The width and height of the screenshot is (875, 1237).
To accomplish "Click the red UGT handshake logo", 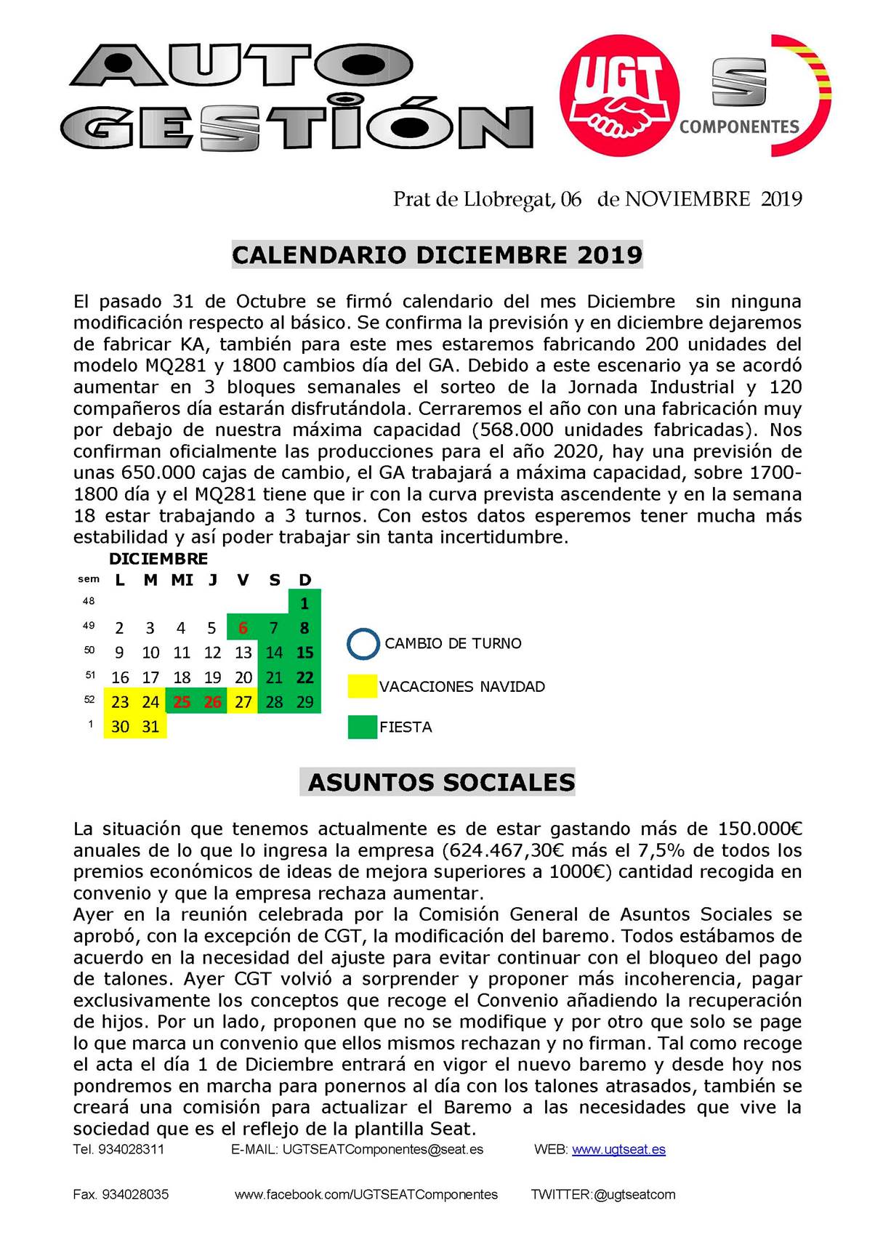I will (x=619, y=95).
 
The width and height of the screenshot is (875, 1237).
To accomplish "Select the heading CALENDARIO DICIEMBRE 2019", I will (x=437, y=255).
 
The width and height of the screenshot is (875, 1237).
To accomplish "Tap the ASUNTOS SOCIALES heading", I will (x=441, y=782).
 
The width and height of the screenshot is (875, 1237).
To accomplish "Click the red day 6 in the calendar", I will (x=243, y=628).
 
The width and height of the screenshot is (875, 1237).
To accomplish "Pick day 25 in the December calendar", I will (x=182, y=702).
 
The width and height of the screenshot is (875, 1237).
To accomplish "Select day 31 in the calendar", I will (x=150, y=727).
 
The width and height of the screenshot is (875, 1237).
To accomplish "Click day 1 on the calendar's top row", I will (x=305, y=603).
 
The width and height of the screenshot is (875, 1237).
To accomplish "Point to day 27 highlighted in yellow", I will (x=243, y=702).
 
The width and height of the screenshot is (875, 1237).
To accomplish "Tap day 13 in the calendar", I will (x=243, y=653).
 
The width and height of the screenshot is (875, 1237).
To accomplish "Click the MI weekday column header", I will (x=182, y=580).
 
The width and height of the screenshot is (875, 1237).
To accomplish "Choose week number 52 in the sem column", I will (x=89, y=700).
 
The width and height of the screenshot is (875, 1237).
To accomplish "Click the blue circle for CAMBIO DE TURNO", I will (x=363, y=643).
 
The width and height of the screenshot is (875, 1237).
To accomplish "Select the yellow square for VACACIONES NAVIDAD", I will (x=363, y=686).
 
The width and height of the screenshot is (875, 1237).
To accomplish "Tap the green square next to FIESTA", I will (x=363, y=727).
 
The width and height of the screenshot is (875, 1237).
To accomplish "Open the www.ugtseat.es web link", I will (x=618, y=1150).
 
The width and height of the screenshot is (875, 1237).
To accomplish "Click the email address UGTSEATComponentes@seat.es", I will (x=382, y=1150).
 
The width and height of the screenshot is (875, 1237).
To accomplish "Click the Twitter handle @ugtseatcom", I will (x=634, y=1195).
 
